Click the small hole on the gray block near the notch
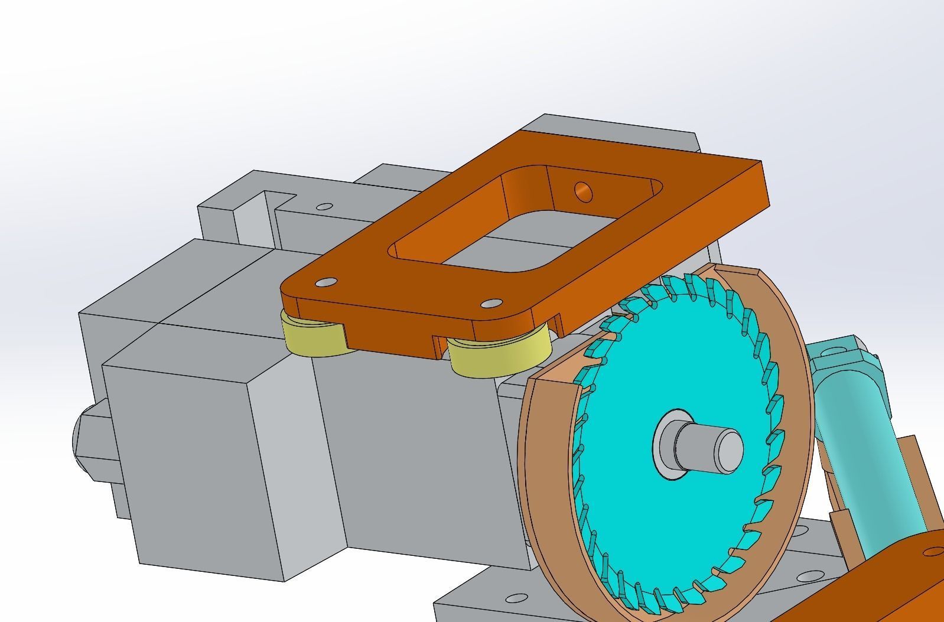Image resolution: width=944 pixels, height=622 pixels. click(324, 207)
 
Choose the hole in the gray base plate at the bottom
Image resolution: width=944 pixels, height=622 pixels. click(516, 598)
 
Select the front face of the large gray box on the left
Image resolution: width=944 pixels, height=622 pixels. click(195, 467)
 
